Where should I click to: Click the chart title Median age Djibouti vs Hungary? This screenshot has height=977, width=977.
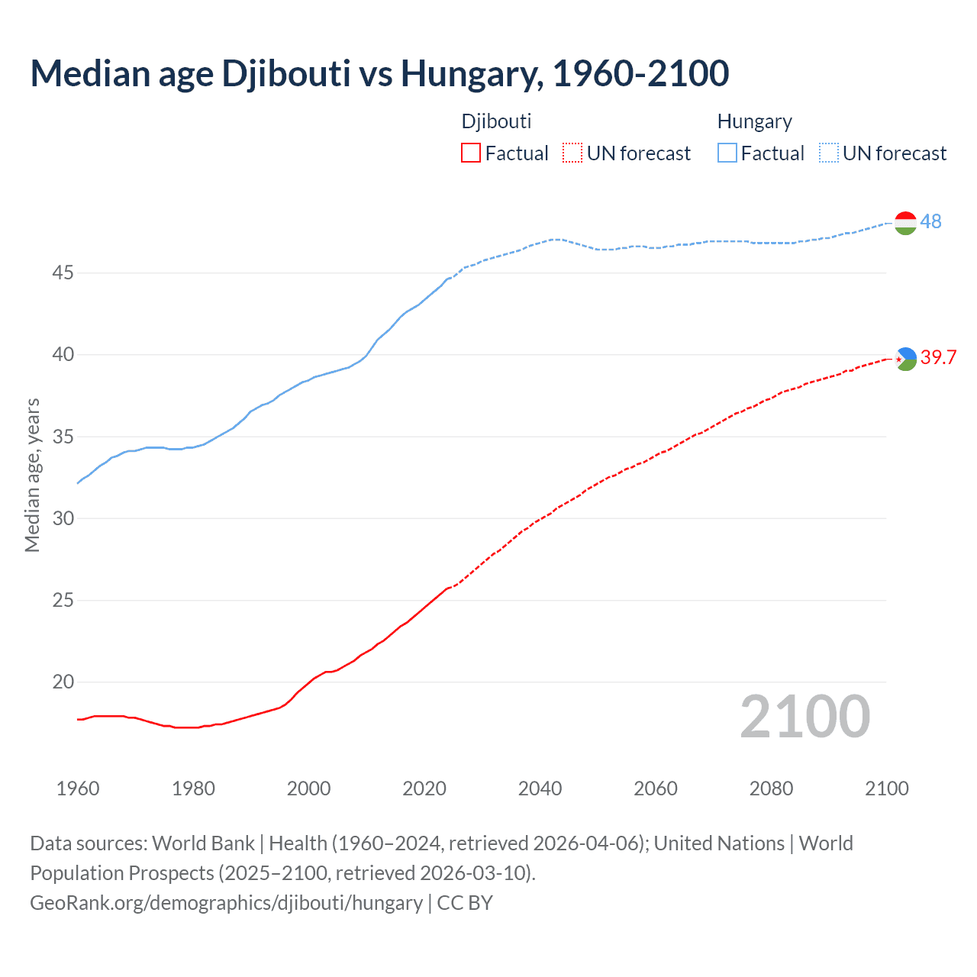coord(379,73)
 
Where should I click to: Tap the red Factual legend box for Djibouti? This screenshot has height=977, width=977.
coord(471,153)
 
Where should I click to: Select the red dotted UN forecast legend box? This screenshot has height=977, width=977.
coord(572,153)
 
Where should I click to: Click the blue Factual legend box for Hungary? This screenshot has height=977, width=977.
coord(727,153)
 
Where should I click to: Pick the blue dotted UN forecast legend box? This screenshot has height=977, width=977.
coord(828,153)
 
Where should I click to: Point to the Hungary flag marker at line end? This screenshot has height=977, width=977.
coord(905,223)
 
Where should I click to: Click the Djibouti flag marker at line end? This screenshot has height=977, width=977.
coord(905,359)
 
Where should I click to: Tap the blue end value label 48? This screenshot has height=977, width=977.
coord(930,221)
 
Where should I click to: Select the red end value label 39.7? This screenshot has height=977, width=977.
coord(938,357)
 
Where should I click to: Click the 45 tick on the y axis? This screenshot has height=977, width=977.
coord(63,272)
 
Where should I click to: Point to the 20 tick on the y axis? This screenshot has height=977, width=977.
coord(63,682)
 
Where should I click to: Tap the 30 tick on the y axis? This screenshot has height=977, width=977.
coord(63,518)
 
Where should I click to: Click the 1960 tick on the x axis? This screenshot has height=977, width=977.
coord(78,788)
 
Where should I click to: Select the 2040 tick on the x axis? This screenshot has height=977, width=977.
coord(540,788)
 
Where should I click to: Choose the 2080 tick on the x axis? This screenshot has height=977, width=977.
coord(771,788)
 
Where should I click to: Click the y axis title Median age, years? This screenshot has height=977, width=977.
coord(32,475)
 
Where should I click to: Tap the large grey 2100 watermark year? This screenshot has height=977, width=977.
coord(804,717)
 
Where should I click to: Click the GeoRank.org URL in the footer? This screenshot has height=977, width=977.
coord(226,903)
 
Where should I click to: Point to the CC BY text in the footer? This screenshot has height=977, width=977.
coord(465,903)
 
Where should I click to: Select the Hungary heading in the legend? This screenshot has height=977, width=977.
coord(754,121)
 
